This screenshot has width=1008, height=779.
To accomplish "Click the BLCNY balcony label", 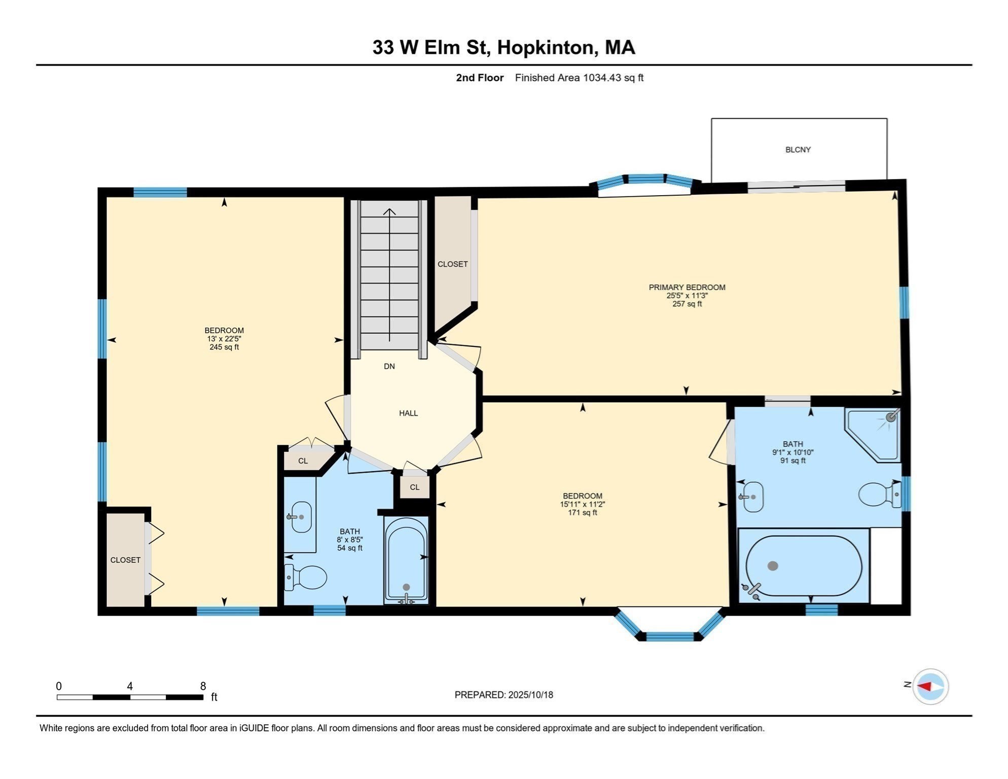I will pos(798,150).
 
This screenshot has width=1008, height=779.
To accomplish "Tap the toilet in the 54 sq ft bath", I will pos(307,577).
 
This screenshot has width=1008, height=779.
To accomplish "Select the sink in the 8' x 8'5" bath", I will pos(301,517).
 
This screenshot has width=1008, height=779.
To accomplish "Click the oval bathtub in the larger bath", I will pos(804,565).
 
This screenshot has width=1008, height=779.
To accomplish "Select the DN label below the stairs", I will pos(389,366).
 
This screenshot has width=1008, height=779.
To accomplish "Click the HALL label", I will pos(408,413).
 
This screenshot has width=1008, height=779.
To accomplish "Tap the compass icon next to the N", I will pos(930,687).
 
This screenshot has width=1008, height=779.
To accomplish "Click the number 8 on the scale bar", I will pos(203,686).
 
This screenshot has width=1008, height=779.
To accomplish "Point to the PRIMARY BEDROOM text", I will pos(687,287).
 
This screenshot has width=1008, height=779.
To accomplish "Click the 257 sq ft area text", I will pos(687,304).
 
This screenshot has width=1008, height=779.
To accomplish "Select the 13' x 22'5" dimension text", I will pos(224,339).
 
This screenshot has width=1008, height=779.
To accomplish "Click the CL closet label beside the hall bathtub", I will pos(414,487).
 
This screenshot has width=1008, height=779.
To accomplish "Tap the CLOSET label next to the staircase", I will pos(452,264).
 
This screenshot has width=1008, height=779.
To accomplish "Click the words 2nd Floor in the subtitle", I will pos(479,78).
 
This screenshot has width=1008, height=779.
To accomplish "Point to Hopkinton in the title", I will pos(545,47).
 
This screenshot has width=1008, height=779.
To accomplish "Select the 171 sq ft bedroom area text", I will pos(582,513).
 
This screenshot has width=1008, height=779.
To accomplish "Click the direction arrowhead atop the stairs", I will pos(389,211).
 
